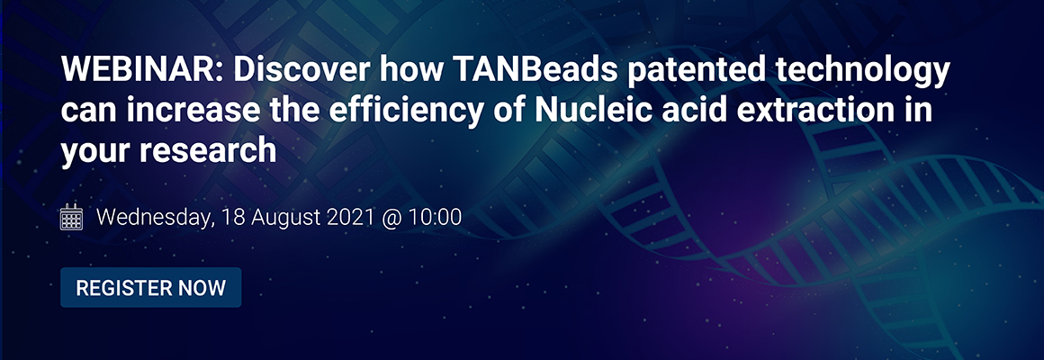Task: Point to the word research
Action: point(208,150)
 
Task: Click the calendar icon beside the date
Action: point(72,217)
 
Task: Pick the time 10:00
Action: point(436,217)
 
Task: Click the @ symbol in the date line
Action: point(392,219)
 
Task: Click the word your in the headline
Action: point(96,153)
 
